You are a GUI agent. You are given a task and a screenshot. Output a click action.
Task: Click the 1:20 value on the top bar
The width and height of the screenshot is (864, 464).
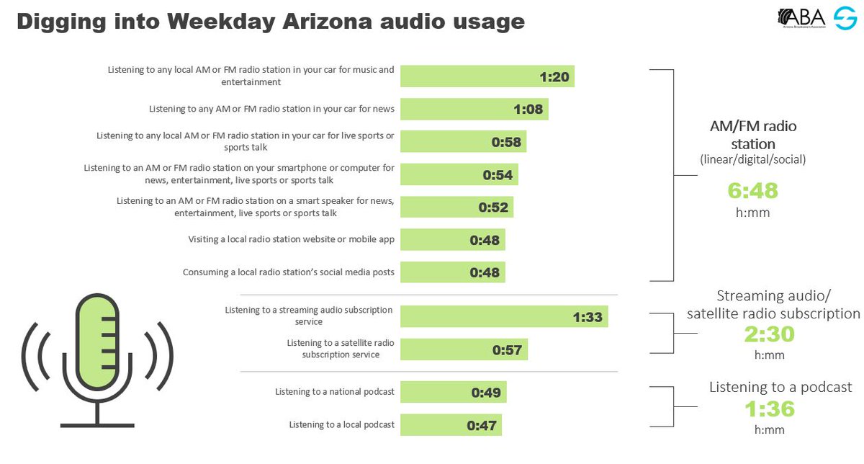(x=554, y=77)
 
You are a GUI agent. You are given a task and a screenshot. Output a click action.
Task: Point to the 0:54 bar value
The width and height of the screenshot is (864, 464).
(x=498, y=175)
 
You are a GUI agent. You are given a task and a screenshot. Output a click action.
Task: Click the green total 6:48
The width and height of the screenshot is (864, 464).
(x=752, y=191)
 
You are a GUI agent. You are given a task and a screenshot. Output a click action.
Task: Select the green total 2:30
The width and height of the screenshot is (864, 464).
(x=769, y=335)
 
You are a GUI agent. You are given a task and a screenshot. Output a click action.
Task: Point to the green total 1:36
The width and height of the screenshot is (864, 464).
(x=769, y=409)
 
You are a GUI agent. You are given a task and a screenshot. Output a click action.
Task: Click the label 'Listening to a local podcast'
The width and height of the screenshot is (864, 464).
(x=341, y=425)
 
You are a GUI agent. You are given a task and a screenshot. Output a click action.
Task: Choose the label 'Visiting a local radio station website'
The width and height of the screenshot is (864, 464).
(x=291, y=240)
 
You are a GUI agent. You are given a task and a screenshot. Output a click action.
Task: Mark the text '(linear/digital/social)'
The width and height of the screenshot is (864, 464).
(x=752, y=160)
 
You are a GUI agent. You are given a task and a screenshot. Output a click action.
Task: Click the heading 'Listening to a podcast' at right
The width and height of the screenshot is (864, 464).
(x=780, y=388)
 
